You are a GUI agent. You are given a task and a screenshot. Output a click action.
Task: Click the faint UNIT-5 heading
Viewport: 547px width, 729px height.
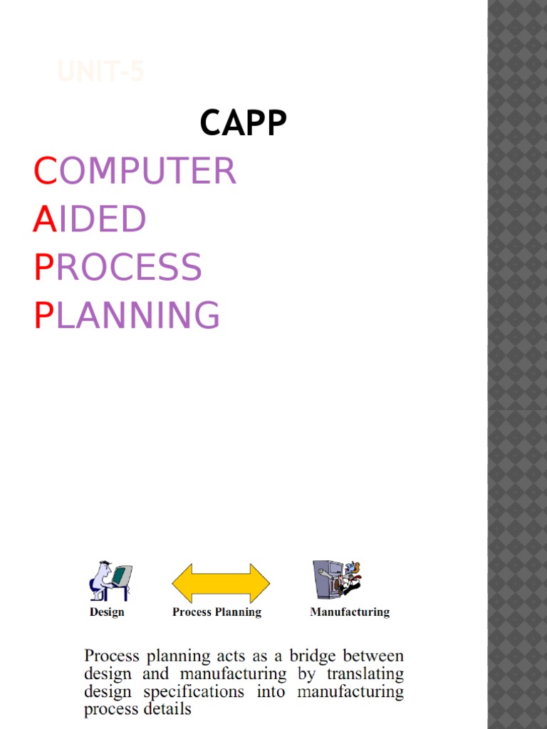pyautogui.click(x=100, y=72)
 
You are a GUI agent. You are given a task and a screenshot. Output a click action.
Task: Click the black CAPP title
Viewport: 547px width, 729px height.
pyautogui.click(x=243, y=123)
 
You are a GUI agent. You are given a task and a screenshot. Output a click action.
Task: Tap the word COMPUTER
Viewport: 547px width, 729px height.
pyautogui.click(x=135, y=172)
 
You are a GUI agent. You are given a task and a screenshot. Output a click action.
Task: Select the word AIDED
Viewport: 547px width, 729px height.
pyautogui.click(x=90, y=219)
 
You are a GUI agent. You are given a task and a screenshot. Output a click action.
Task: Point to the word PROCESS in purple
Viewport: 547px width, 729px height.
pyautogui.click(x=118, y=267)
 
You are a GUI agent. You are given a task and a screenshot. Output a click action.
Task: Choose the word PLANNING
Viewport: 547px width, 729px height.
pyautogui.click(x=127, y=315)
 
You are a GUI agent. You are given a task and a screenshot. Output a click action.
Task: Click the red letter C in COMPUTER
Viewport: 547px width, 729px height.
pyautogui.click(x=45, y=172)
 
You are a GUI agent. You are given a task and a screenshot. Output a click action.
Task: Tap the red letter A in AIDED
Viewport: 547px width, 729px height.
pyautogui.click(x=44, y=219)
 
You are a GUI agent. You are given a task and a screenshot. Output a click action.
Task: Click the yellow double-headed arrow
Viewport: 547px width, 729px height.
pyautogui.click(x=221, y=583)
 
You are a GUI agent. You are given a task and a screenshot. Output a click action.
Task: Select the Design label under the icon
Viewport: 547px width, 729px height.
pyautogui.click(x=107, y=612)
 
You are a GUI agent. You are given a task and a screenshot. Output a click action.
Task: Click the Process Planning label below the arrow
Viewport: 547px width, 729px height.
pyautogui.click(x=217, y=612)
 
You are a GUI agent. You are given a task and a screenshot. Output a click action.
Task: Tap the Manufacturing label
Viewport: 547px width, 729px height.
pyautogui.click(x=350, y=612)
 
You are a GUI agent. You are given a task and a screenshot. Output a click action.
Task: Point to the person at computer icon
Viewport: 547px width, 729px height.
pyautogui.click(x=110, y=581)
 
